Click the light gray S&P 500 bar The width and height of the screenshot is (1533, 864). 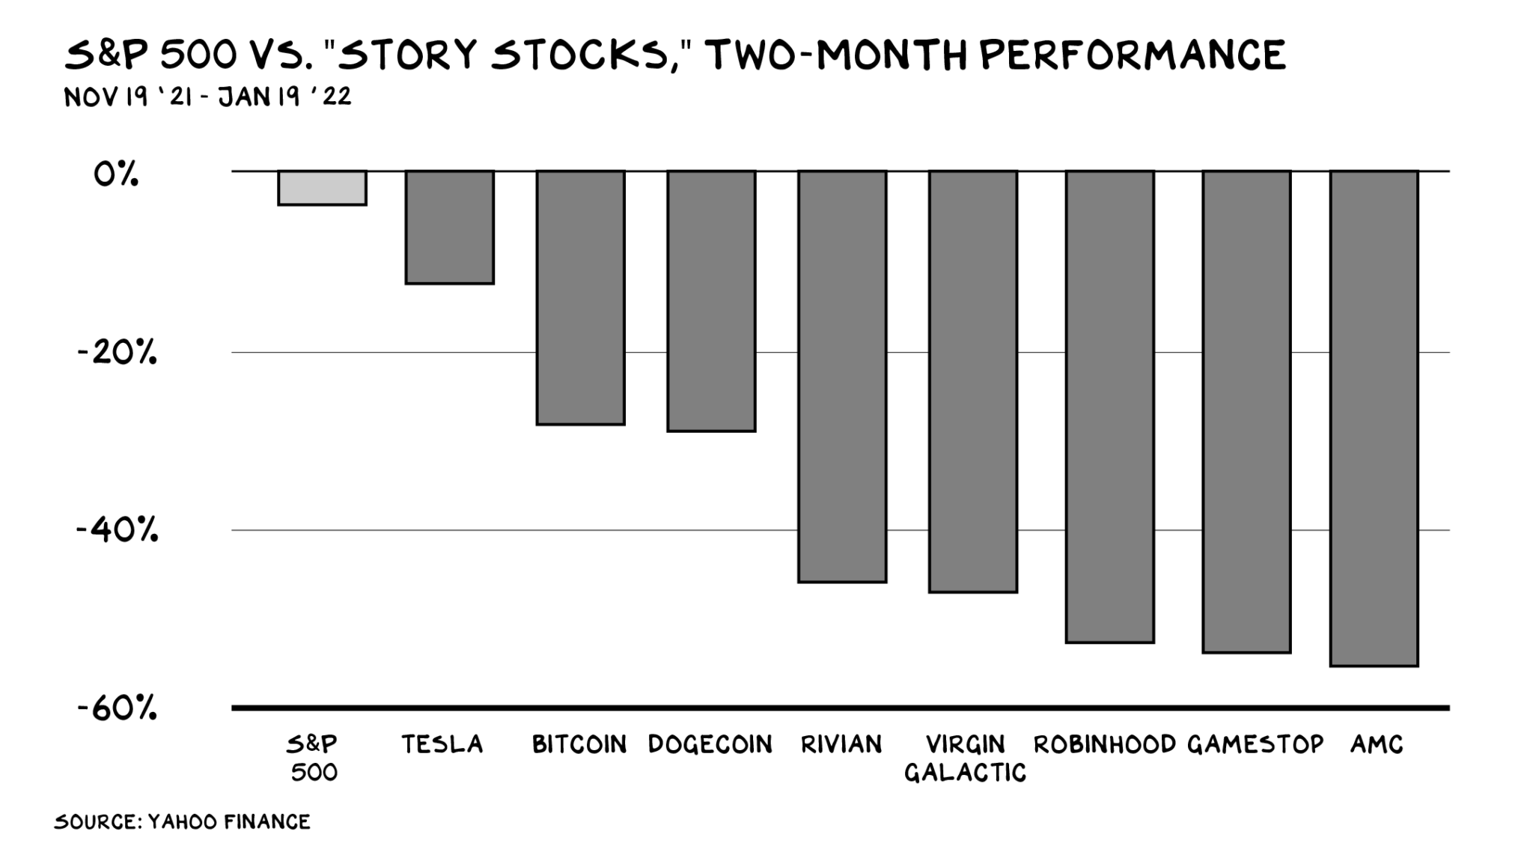pos(322,188)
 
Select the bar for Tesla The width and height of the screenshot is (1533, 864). pos(450,228)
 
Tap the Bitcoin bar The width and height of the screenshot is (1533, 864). pos(580,298)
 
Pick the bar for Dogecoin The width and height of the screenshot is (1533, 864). pos(711,301)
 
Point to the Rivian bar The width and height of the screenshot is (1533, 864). pos(842,377)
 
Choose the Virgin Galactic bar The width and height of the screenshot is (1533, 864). pos(973,382)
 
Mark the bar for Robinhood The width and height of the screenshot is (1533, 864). pos(1110,407)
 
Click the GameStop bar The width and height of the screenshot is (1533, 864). pos(1246,412)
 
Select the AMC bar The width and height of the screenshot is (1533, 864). pos(1374,419)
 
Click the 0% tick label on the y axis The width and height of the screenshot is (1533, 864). pos(116,174)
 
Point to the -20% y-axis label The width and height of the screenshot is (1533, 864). pos(118,352)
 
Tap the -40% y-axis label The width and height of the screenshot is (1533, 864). pos(118,529)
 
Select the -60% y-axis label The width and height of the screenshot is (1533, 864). pos(118,708)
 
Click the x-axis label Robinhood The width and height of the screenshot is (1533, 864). pos(1105,744)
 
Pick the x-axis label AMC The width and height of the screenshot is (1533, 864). pos(1377,744)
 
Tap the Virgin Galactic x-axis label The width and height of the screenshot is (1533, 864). pos(966,758)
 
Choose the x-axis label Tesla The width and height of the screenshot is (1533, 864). pos(442,744)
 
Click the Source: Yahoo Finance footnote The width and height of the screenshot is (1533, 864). pos(182,822)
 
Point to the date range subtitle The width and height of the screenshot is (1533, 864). pos(208,97)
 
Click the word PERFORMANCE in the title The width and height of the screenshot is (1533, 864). pos(1132,55)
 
